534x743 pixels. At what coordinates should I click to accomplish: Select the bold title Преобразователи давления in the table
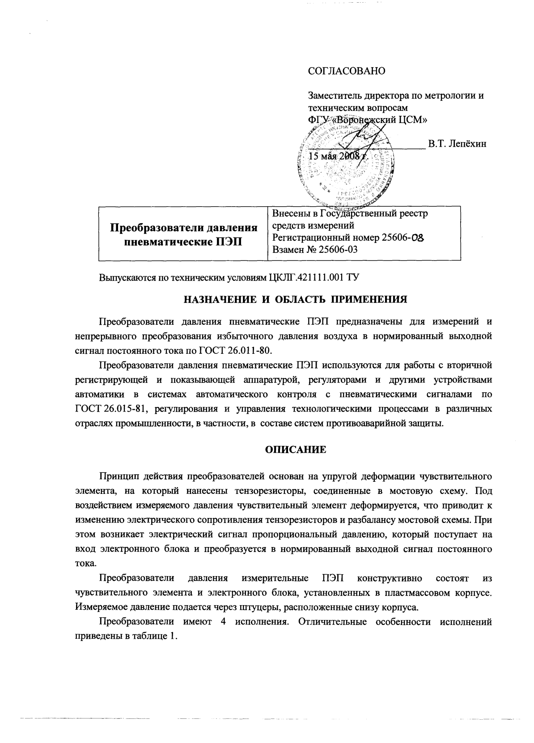point(184,228)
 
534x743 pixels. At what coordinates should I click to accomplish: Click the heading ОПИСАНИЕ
point(296,450)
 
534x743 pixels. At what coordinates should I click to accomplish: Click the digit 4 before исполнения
point(223,622)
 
